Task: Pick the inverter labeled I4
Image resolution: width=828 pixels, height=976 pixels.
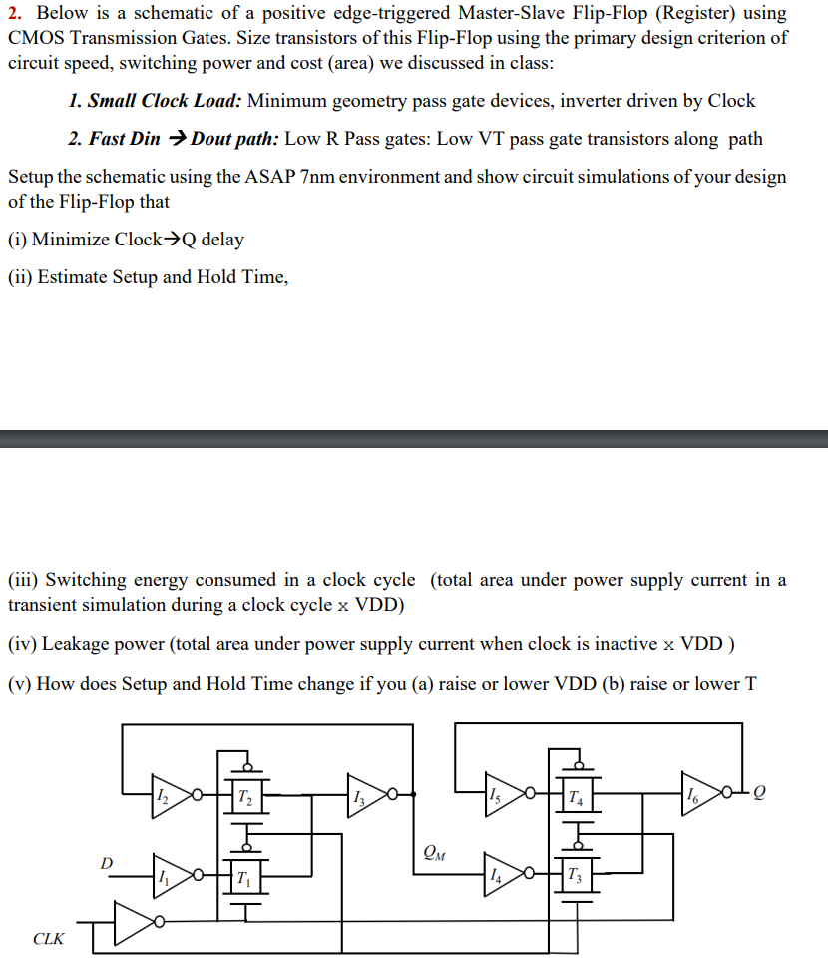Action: (502, 875)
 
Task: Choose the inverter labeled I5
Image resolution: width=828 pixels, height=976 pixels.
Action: (502, 795)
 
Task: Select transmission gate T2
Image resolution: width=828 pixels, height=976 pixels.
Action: (245, 795)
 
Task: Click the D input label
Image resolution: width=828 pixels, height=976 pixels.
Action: (107, 860)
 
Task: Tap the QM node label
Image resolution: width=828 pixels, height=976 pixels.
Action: (434, 853)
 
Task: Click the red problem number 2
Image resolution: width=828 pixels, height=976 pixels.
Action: (14, 14)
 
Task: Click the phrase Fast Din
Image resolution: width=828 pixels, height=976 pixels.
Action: (124, 139)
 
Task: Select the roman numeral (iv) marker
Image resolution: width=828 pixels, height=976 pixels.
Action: (21, 645)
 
